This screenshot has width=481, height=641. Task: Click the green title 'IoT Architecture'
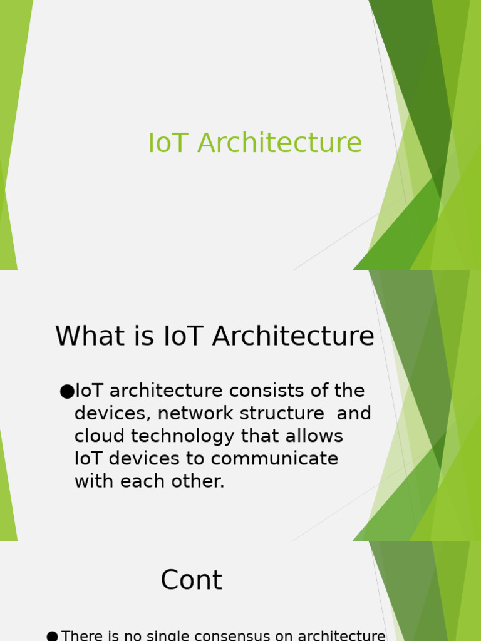(x=254, y=143)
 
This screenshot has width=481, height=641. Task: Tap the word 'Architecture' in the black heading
(x=293, y=337)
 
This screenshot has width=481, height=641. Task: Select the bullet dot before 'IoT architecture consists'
(x=66, y=392)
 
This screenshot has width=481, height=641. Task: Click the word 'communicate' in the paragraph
(x=274, y=459)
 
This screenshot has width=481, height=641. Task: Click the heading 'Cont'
(x=191, y=580)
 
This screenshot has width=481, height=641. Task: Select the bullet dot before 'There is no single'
(x=52, y=637)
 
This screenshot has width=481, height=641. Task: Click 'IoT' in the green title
(x=168, y=143)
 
